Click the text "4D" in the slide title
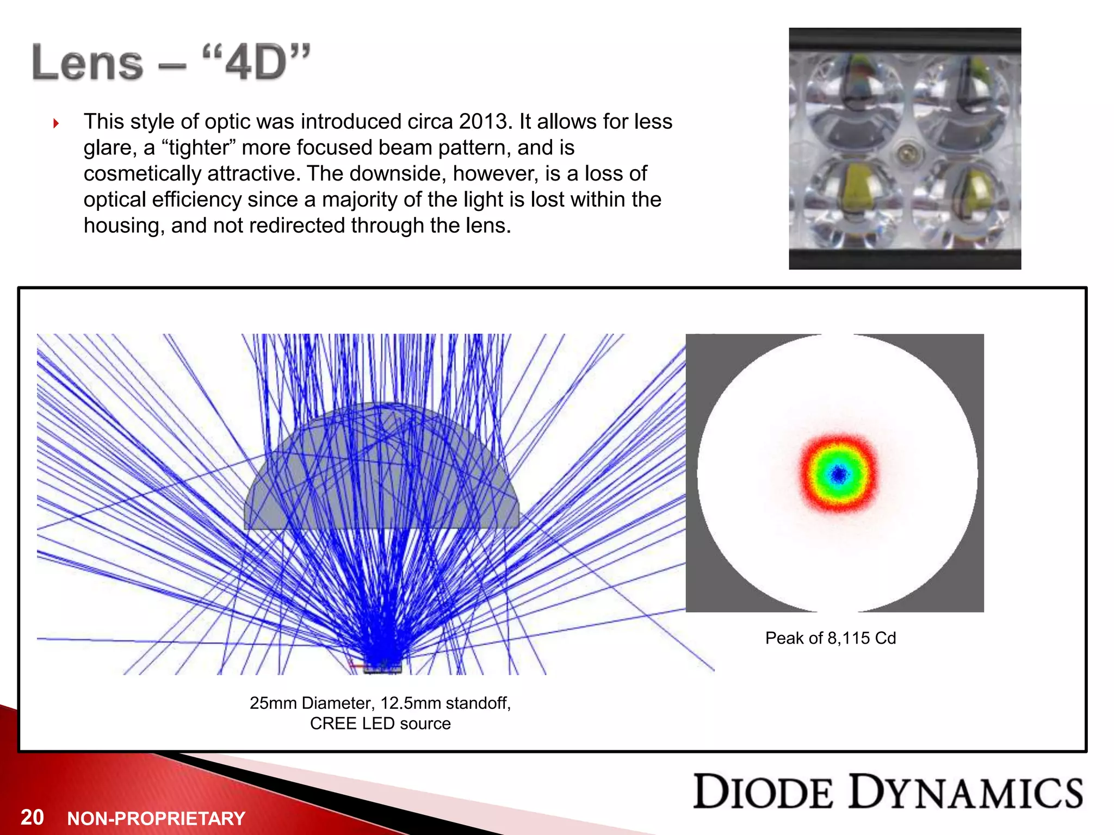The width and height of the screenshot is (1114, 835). (256, 64)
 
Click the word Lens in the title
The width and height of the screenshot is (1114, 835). (88, 64)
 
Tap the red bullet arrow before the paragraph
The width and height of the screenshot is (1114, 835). (56, 123)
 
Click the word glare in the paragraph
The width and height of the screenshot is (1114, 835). (108, 148)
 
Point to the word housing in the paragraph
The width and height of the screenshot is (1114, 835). (123, 226)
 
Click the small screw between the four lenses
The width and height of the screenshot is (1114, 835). (907, 154)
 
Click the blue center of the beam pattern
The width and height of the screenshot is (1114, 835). (839, 475)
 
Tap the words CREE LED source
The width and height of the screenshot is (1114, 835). (380, 724)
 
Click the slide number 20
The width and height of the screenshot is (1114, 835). (32, 817)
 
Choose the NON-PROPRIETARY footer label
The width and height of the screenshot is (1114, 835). (156, 819)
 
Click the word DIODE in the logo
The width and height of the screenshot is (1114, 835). (763, 793)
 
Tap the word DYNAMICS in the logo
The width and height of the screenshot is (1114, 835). (966, 793)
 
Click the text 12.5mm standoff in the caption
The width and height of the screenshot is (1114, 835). (445, 703)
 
